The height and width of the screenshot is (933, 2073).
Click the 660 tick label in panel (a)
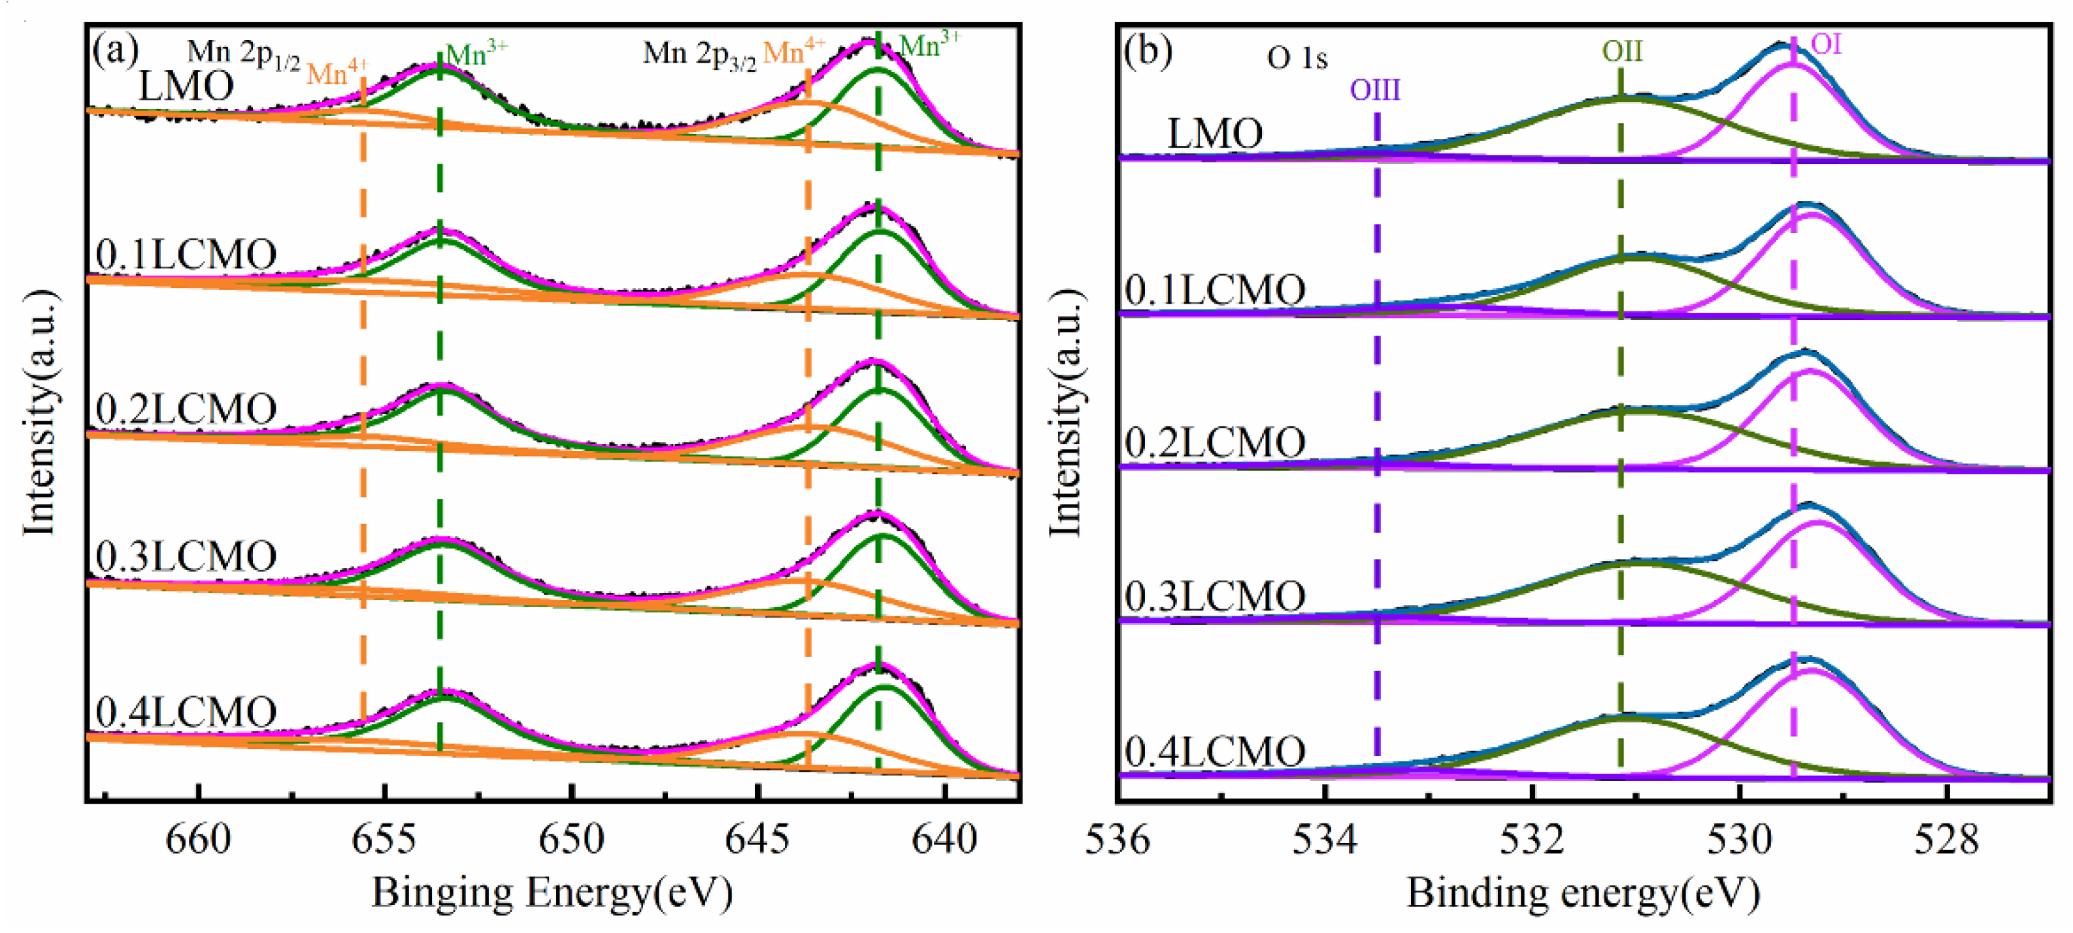click(x=197, y=840)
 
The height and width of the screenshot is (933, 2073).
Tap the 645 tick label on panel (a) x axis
click(x=758, y=840)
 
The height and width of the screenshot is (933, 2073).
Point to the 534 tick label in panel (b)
click(x=1325, y=840)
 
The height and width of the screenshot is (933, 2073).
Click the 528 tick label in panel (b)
click(x=1946, y=840)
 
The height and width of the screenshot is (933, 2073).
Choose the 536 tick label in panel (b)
click(x=1119, y=840)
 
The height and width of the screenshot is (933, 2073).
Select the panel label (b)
click(x=1148, y=52)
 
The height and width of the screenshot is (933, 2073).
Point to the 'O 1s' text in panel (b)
click(x=1297, y=58)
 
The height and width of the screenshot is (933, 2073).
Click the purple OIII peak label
click(x=1375, y=89)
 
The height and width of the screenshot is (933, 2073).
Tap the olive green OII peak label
click(x=1621, y=52)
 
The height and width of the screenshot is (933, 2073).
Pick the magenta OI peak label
click(x=1826, y=44)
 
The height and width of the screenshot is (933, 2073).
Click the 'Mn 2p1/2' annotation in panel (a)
click(x=244, y=55)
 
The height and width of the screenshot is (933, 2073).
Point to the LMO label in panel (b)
click(x=1214, y=133)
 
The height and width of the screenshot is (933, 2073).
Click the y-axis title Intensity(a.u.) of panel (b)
click(x=1067, y=412)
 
